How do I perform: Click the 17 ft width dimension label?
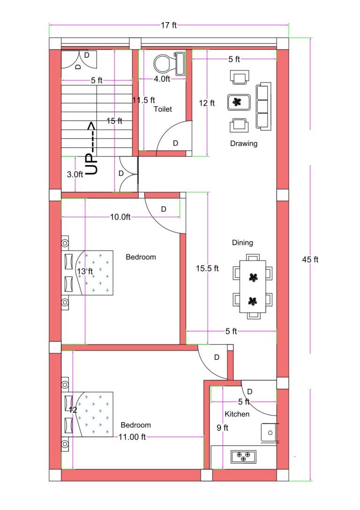(169, 25)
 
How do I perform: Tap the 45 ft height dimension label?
(310, 259)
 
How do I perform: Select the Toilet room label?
(163, 109)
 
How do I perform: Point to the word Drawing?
(243, 144)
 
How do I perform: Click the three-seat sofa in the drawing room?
(263, 106)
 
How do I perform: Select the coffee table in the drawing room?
(240, 102)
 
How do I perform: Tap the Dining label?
(242, 243)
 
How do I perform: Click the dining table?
(253, 287)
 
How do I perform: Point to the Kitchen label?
(237, 414)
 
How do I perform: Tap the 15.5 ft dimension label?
(207, 268)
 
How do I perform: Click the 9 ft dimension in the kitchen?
(222, 427)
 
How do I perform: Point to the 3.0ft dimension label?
(75, 174)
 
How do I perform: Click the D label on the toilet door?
(175, 143)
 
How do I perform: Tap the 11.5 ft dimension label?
(143, 99)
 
